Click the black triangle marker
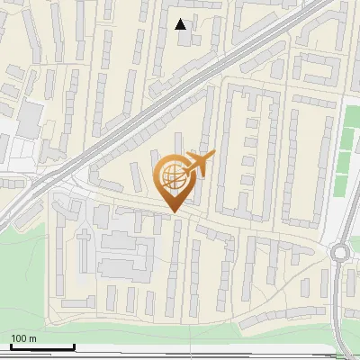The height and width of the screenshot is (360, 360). (181, 24)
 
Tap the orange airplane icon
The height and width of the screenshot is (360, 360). (198, 164)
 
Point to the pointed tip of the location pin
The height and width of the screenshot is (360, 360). (172, 211)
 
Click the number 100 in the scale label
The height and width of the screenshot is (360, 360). (19, 338)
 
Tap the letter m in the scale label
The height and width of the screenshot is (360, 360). (32, 338)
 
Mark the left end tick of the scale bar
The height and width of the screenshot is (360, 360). (11, 346)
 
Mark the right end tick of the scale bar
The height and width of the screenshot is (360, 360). (75, 346)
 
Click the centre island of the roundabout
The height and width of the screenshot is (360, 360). (340, 253)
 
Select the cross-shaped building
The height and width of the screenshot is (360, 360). (83, 241)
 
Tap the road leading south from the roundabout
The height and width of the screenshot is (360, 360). (338, 306)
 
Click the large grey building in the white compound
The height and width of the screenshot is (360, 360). (30, 117)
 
